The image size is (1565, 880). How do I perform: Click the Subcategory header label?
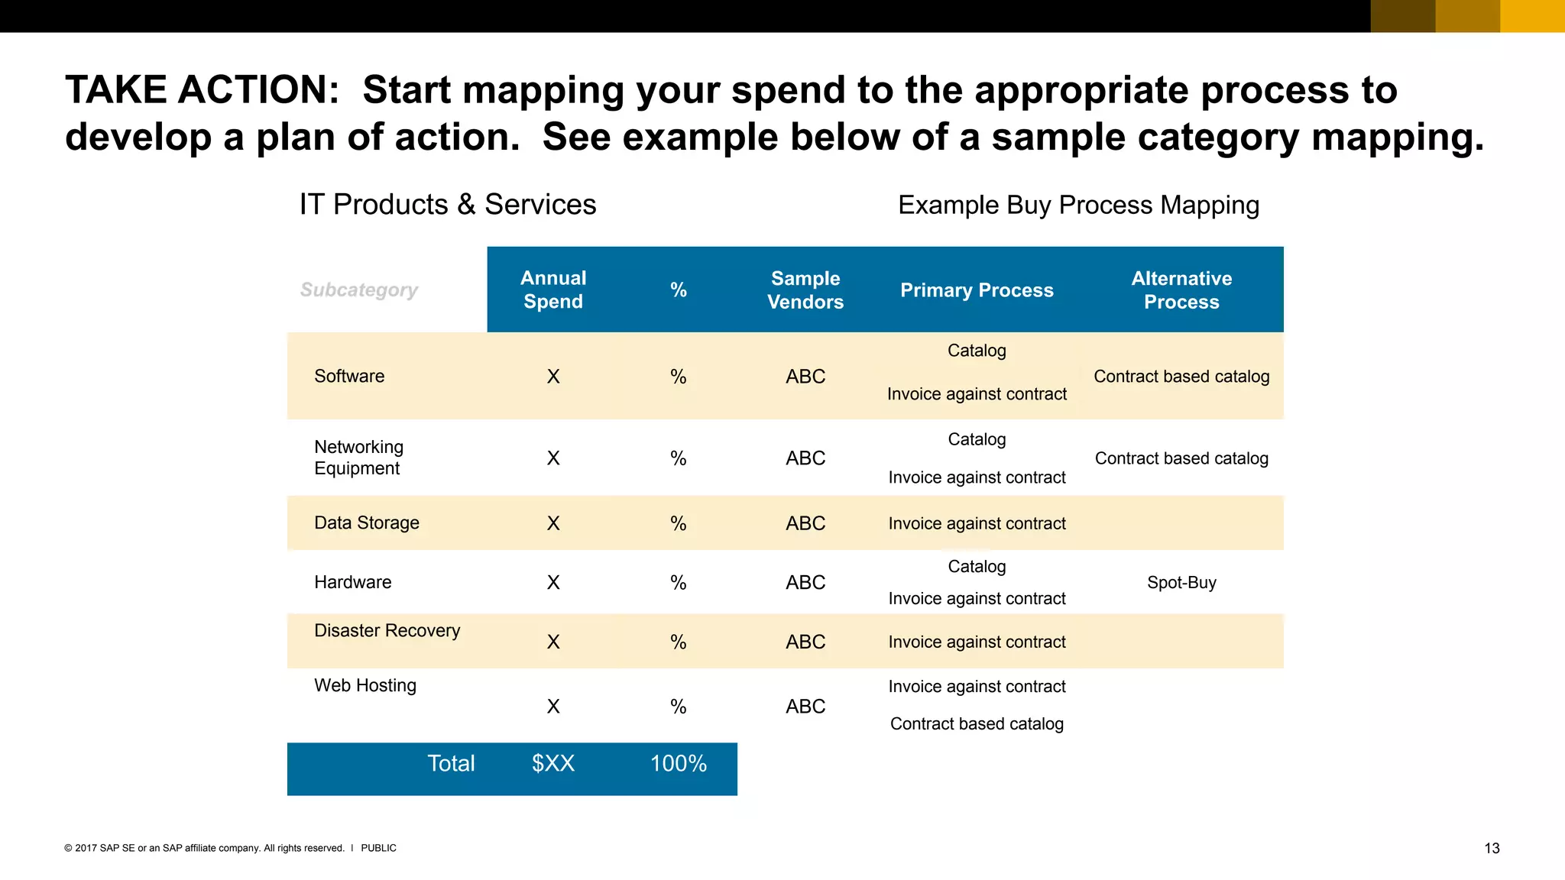click(358, 290)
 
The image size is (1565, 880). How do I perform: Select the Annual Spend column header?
click(553, 290)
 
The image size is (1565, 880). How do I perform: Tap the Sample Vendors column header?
click(805, 290)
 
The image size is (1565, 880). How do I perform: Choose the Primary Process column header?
click(977, 290)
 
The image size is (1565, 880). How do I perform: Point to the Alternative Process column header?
click(1181, 290)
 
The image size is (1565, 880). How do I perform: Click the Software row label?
click(349, 376)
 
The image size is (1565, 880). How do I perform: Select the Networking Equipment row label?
click(358, 458)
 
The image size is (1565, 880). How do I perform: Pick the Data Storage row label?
click(367, 523)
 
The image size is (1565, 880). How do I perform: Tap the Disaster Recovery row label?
click(387, 631)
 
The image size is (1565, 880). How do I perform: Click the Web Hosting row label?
click(365, 686)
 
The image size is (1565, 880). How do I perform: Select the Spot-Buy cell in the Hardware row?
click(1181, 583)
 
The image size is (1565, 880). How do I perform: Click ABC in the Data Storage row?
click(805, 524)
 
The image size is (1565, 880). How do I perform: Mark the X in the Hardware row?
click(553, 583)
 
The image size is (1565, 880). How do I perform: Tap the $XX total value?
click(552, 763)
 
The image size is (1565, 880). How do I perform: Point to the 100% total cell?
click(678, 763)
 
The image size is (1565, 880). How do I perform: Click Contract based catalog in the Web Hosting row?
click(977, 724)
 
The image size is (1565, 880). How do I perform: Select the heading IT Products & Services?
click(447, 205)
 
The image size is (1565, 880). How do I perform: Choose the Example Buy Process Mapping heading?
click(1078, 205)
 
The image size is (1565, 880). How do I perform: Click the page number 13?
click(1492, 849)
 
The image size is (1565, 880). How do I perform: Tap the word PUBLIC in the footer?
click(378, 849)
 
